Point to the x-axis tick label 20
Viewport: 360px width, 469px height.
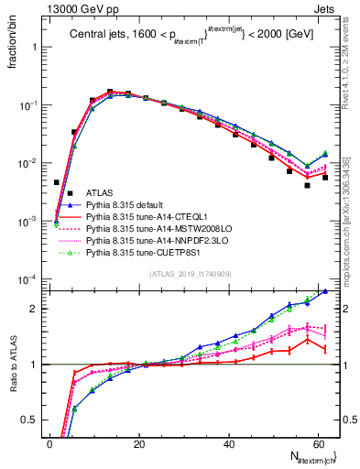140,444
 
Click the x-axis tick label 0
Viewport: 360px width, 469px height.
51,444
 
